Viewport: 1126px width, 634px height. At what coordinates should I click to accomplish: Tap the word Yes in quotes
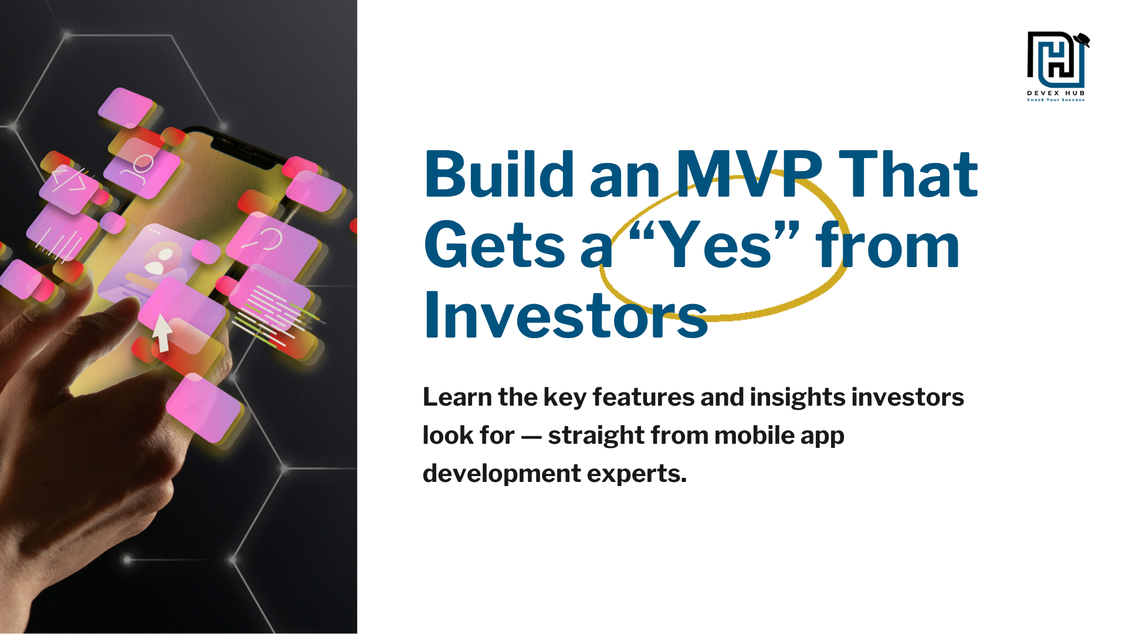coord(714,245)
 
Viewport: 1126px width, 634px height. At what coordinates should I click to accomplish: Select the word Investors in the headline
coord(565,316)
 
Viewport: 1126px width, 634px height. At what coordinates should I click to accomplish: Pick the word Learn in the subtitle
coord(457,397)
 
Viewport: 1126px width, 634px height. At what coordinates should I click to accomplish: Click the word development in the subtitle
coord(501,474)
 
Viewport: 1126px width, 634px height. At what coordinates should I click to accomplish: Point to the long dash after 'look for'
coord(531,436)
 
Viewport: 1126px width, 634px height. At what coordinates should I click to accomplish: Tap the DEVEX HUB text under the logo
coord(1056,93)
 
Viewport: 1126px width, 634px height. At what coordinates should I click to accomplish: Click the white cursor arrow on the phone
coord(161,332)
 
